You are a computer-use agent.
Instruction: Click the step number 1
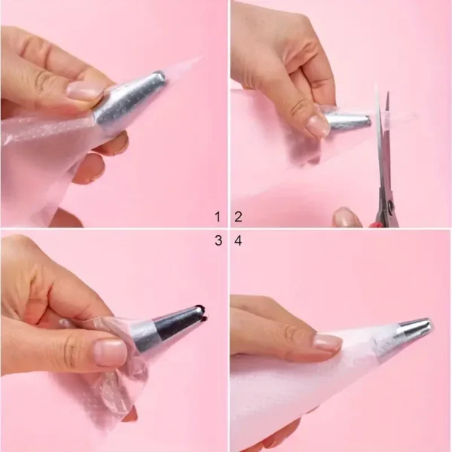coord(217,217)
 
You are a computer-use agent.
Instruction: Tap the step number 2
coord(238,217)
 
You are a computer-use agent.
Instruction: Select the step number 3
coord(217,241)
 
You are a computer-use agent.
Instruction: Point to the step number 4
coord(238,241)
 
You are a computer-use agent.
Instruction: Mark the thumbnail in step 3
coord(109,352)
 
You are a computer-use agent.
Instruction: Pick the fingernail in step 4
coord(327,342)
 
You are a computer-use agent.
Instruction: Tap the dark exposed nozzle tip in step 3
coord(197,310)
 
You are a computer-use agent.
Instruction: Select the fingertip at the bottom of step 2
coord(348,218)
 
